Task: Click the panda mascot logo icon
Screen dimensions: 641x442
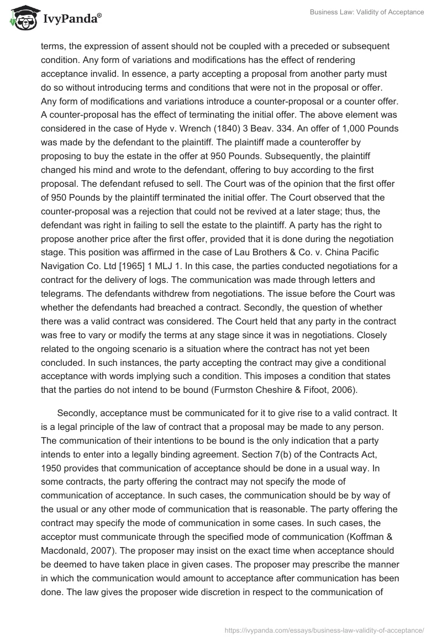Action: tap(22, 19)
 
